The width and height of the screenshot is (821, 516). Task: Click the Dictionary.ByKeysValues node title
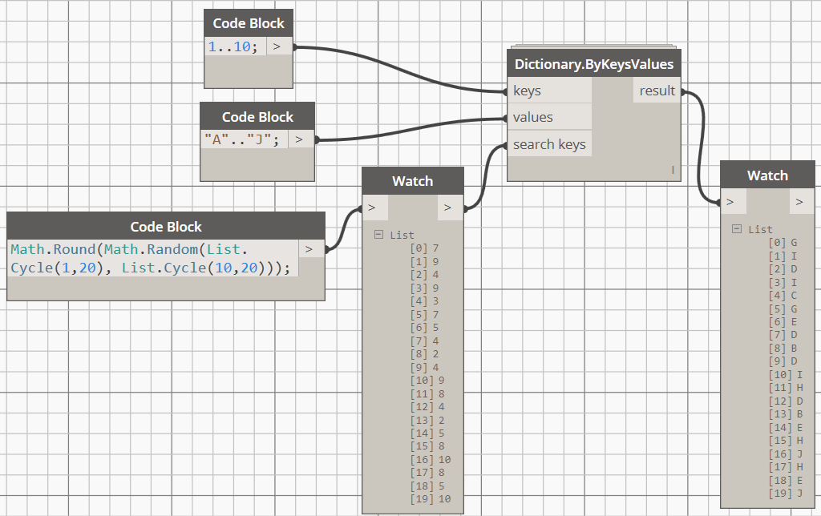(594, 63)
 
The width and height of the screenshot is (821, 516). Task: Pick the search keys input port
(549, 145)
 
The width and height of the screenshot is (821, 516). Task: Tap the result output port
(657, 91)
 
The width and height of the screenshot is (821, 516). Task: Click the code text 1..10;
(233, 46)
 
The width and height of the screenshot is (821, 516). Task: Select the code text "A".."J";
(242, 139)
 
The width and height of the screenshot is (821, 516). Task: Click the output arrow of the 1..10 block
(277, 46)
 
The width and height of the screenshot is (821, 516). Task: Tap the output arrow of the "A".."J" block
(300, 139)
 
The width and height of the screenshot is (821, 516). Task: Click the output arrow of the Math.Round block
(310, 249)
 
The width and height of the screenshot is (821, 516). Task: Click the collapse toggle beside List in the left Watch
(378, 235)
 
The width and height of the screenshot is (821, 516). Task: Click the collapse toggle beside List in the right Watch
(737, 229)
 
